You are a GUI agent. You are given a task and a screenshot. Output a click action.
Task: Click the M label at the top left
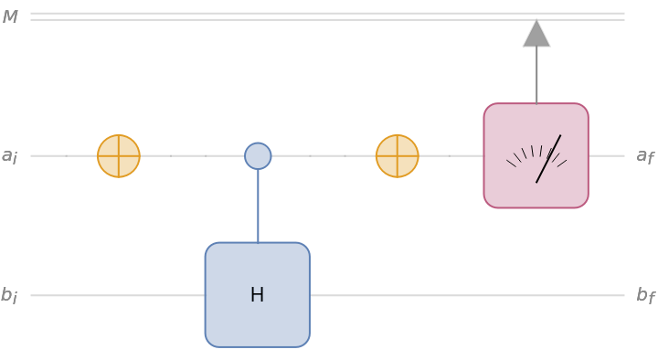pos(10,17)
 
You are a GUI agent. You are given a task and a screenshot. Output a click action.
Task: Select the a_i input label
pos(9,156)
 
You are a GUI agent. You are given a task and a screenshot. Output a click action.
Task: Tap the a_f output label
pos(645,156)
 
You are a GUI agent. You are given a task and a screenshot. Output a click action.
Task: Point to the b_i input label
pos(9,295)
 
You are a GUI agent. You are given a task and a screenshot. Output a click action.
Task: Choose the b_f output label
pos(645,295)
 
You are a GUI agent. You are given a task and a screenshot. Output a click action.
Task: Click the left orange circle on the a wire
pos(119,156)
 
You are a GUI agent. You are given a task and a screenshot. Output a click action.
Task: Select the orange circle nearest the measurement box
pos(398,156)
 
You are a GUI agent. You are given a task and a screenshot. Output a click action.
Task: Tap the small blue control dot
pos(258,156)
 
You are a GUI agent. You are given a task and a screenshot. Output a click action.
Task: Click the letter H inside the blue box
pos(257,295)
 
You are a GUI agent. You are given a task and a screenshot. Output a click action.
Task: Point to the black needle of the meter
pos(548,159)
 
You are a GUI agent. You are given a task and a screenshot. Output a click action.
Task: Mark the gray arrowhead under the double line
pos(536,35)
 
